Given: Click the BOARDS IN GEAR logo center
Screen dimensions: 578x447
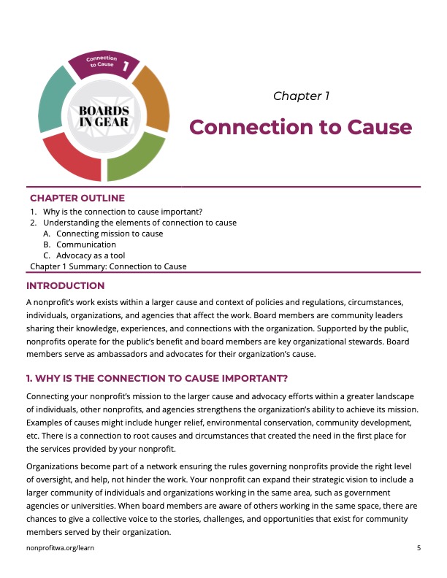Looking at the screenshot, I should click(104, 115).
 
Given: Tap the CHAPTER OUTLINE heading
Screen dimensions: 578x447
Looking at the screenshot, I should click(77, 198).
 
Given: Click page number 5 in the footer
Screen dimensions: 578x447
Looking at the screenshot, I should click(419, 547).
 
